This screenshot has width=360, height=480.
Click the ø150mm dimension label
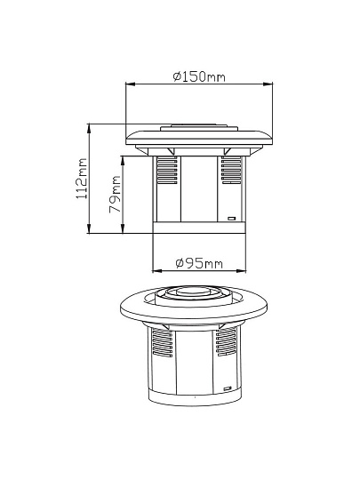tap(199, 76)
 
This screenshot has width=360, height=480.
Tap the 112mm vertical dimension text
tap(81, 179)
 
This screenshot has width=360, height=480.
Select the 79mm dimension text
tap(115, 195)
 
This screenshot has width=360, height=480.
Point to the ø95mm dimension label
tap(199, 263)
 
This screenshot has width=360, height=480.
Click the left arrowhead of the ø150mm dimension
tap(130, 84)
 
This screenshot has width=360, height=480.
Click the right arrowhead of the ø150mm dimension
tap(268, 84)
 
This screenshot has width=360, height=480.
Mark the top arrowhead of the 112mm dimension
tap(89, 128)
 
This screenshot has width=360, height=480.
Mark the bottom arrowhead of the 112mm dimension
tap(89, 228)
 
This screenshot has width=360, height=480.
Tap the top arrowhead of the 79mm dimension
tap(123, 161)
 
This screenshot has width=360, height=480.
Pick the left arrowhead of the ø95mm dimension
tap(157, 270)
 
